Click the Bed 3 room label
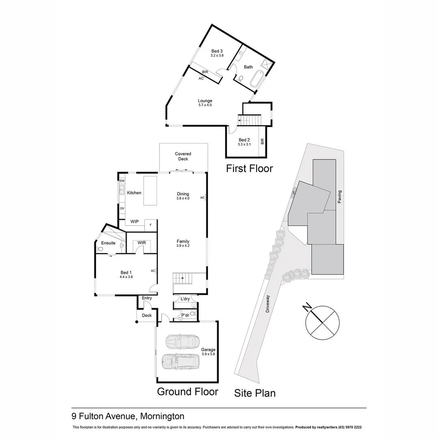217,51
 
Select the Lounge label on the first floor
205,101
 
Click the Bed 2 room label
244,140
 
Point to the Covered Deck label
183,156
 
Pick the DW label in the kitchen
122,180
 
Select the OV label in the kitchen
122,208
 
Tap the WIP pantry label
134,221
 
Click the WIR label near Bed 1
142,243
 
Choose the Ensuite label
108,243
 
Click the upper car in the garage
181,341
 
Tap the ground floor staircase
182,279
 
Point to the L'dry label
185,299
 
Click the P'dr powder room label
185,315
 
